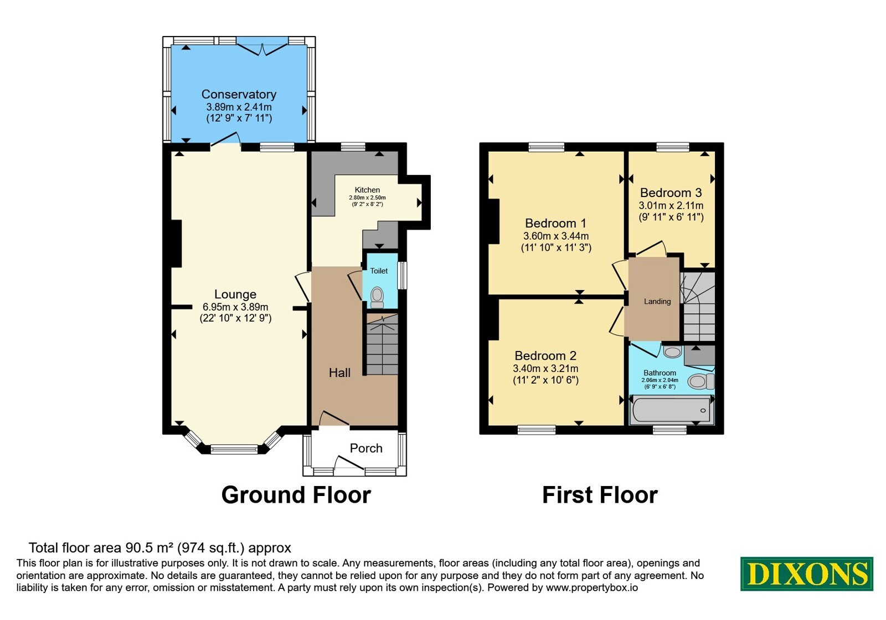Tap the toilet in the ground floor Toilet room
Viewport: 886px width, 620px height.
tap(377, 297)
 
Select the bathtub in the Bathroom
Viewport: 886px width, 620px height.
tap(672, 411)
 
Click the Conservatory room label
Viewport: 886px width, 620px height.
tap(239, 94)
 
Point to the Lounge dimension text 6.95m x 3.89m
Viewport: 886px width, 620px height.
tap(235, 307)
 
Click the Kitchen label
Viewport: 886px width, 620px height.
tap(367, 190)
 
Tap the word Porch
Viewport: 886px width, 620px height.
tap(366, 448)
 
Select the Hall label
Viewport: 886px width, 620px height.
tap(340, 373)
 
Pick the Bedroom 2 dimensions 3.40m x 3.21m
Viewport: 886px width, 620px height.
tap(545, 369)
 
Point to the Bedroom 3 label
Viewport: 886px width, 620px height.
tap(671, 193)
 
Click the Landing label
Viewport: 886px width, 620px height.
tap(657, 301)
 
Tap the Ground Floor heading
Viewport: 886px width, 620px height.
tap(296, 495)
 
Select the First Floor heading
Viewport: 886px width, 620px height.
tap(600, 495)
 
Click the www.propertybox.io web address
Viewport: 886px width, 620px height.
tap(592, 587)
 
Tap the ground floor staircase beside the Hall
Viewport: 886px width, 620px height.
tap(382, 344)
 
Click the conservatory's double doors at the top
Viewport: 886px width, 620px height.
tap(262, 48)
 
